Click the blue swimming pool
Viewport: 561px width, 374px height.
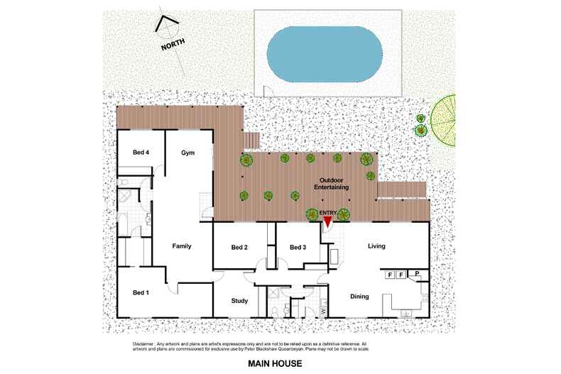pyautogui.click(x=325, y=54)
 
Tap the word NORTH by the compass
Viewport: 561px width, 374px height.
pyautogui.click(x=173, y=44)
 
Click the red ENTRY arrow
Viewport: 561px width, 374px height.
pyautogui.click(x=328, y=221)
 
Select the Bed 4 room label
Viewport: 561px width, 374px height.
pyautogui.click(x=141, y=153)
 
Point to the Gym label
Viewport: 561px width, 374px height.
pyautogui.click(x=188, y=153)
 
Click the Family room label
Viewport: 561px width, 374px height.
pyautogui.click(x=182, y=246)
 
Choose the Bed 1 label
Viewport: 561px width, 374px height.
pyautogui.click(x=141, y=292)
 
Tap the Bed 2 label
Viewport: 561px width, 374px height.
pyautogui.click(x=239, y=247)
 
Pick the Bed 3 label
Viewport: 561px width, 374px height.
pyautogui.click(x=298, y=247)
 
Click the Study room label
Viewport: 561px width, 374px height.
pyautogui.click(x=239, y=301)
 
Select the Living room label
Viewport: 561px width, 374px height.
pyautogui.click(x=376, y=246)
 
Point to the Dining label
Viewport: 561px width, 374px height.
pyautogui.click(x=359, y=297)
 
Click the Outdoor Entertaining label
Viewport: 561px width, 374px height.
pyautogui.click(x=332, y=184)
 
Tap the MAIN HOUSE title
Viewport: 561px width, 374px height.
pyautogui.click(x=275, y=363)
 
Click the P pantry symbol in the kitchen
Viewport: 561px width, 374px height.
pyautogui.click(x=417, y=273)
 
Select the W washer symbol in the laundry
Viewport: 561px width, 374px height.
pyautogui.click(x=324, y=311)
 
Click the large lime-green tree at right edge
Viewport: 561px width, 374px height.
pyautogui.click(x=443, y=120)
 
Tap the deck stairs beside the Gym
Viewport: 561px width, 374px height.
pyautogui.click(x=251, y=140)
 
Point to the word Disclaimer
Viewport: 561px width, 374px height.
pyautogui.click(x=143, y=344)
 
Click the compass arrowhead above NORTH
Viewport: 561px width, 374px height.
pyautogui.click(x=165, y=21)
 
